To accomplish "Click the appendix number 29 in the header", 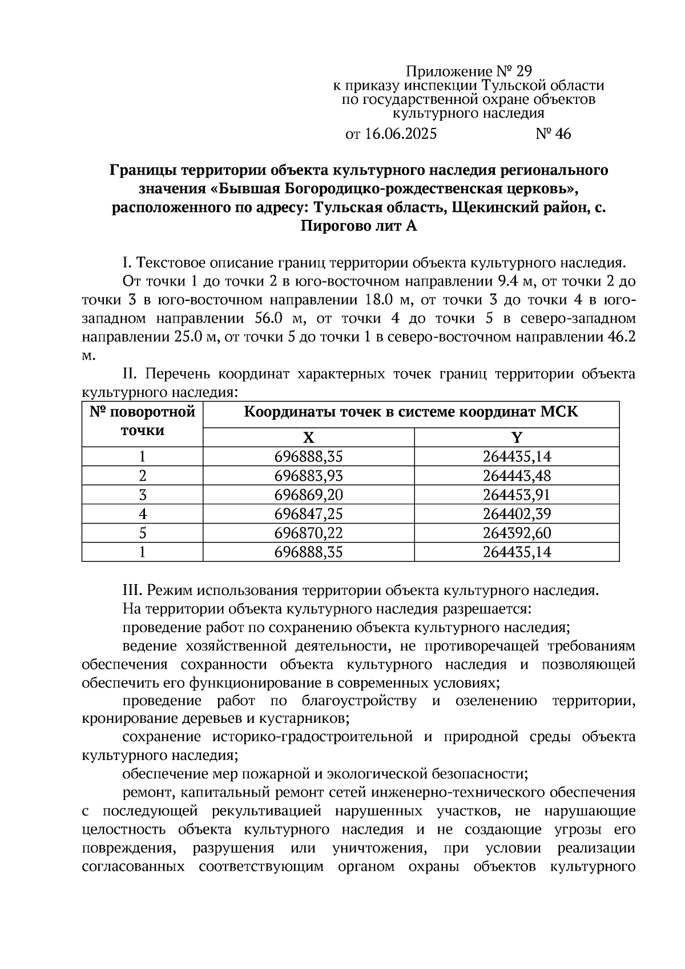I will click(523, 71).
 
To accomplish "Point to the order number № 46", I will click(553, 134).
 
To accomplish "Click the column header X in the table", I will click(308, 438).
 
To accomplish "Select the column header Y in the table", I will click(517, 438).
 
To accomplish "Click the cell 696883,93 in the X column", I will click(308, 476).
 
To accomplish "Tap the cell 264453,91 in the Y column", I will click(517, 494).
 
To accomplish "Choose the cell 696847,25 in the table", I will click(308, 514).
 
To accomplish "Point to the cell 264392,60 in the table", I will click(517, 533).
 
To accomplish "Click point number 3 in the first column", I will click(143, 494).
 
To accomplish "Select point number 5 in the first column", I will click(143, 533).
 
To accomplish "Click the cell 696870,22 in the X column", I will click(308, 533).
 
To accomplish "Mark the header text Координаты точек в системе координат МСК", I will click(411, 412).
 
